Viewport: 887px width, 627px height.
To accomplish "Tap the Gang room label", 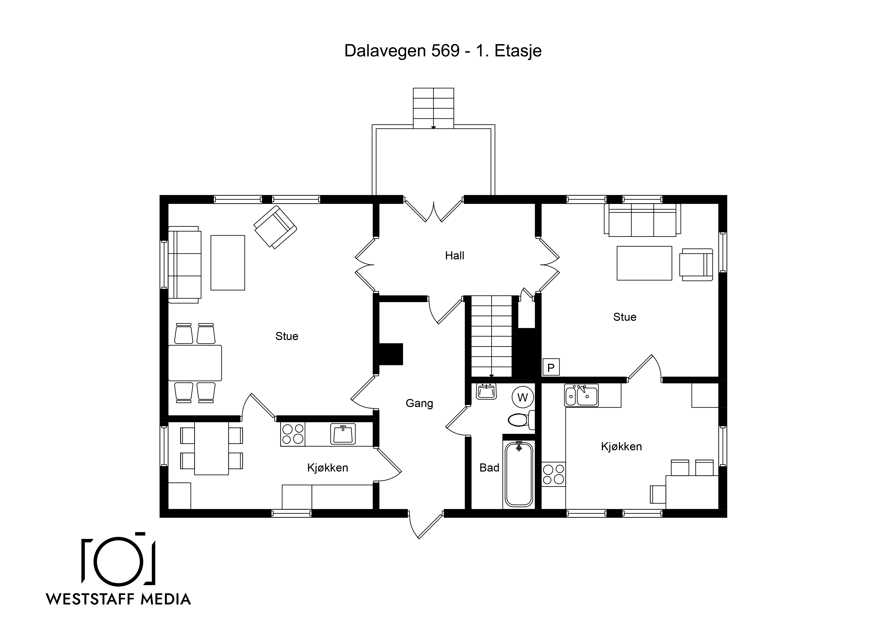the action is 419,403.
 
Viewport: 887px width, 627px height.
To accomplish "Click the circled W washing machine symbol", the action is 523,397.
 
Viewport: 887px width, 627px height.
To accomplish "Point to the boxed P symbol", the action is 551,367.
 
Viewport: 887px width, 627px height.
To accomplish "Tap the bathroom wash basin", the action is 486,391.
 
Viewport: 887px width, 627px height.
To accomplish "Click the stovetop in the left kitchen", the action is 293,434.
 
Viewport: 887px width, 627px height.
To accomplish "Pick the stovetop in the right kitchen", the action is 553,474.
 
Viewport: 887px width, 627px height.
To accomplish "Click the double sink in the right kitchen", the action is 581,395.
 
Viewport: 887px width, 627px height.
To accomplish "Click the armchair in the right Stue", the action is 696,265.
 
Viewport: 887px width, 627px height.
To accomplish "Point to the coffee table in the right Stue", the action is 644,263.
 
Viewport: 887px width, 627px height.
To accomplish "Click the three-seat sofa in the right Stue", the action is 642,220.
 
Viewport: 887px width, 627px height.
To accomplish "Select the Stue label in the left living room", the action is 287,336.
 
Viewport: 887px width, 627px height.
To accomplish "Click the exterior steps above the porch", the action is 433,108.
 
